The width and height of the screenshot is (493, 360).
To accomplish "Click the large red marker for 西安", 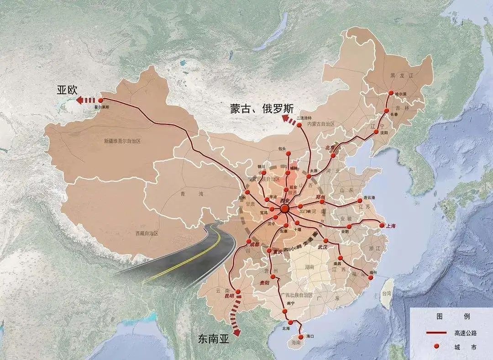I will pos(285,209).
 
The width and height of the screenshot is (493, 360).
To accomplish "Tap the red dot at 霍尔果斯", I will pos(101,100).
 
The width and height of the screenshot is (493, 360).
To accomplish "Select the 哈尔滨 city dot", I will pos(391,93).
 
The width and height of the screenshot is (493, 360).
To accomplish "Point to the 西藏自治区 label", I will pos(147,233).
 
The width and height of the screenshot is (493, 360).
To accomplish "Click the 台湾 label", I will pos(387,293).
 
